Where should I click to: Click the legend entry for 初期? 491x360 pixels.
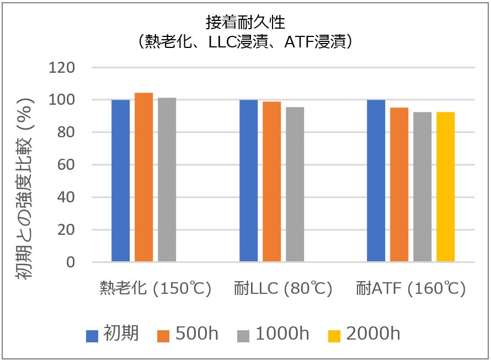(113, 334)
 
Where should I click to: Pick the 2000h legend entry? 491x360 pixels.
(365, 334)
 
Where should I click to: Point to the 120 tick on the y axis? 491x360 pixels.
(62, 68)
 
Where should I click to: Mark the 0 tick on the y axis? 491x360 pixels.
(70, 262)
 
